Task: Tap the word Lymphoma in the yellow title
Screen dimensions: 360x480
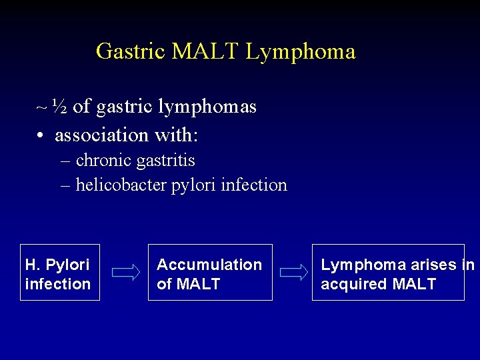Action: point(301,51)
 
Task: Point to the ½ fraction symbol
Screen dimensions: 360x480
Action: point(59,106)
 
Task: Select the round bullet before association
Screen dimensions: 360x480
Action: point(41,136)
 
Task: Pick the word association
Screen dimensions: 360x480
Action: point(102,135)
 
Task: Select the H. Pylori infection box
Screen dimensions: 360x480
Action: point(59,272)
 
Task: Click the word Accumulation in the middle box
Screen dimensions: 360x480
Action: point(209,265)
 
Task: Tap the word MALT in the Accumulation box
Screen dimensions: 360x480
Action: point(198,284)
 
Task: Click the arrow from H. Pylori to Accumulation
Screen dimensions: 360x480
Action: point(125,273)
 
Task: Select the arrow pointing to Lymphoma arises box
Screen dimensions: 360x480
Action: point(293,273)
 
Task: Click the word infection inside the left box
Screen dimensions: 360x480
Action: point(57,284)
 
